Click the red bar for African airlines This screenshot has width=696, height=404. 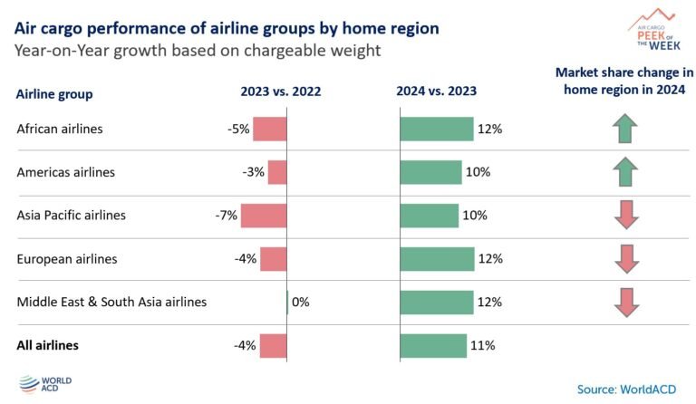click(x=269, y=130)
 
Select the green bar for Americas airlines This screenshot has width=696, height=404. click(x=430, y=172)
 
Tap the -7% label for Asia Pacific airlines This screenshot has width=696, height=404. click(x=227, y=216)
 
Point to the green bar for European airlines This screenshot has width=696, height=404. click(x=437, y=259)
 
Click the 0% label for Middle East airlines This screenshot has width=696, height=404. click(x=301, y=302)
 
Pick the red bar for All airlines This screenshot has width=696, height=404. click(x=274, y=345)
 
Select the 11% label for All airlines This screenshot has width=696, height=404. click(x=482, y=345)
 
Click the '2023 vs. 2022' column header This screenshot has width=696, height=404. click(x=280, y=91)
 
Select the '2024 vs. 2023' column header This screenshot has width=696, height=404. click(x=437, y=91)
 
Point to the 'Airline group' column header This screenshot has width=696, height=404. click(x=54, y=94)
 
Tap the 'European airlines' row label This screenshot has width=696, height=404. click(x=67, y=259)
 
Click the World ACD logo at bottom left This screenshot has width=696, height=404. click(x=43, y=385)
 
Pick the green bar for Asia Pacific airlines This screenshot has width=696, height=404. click(x=429, y=216)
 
